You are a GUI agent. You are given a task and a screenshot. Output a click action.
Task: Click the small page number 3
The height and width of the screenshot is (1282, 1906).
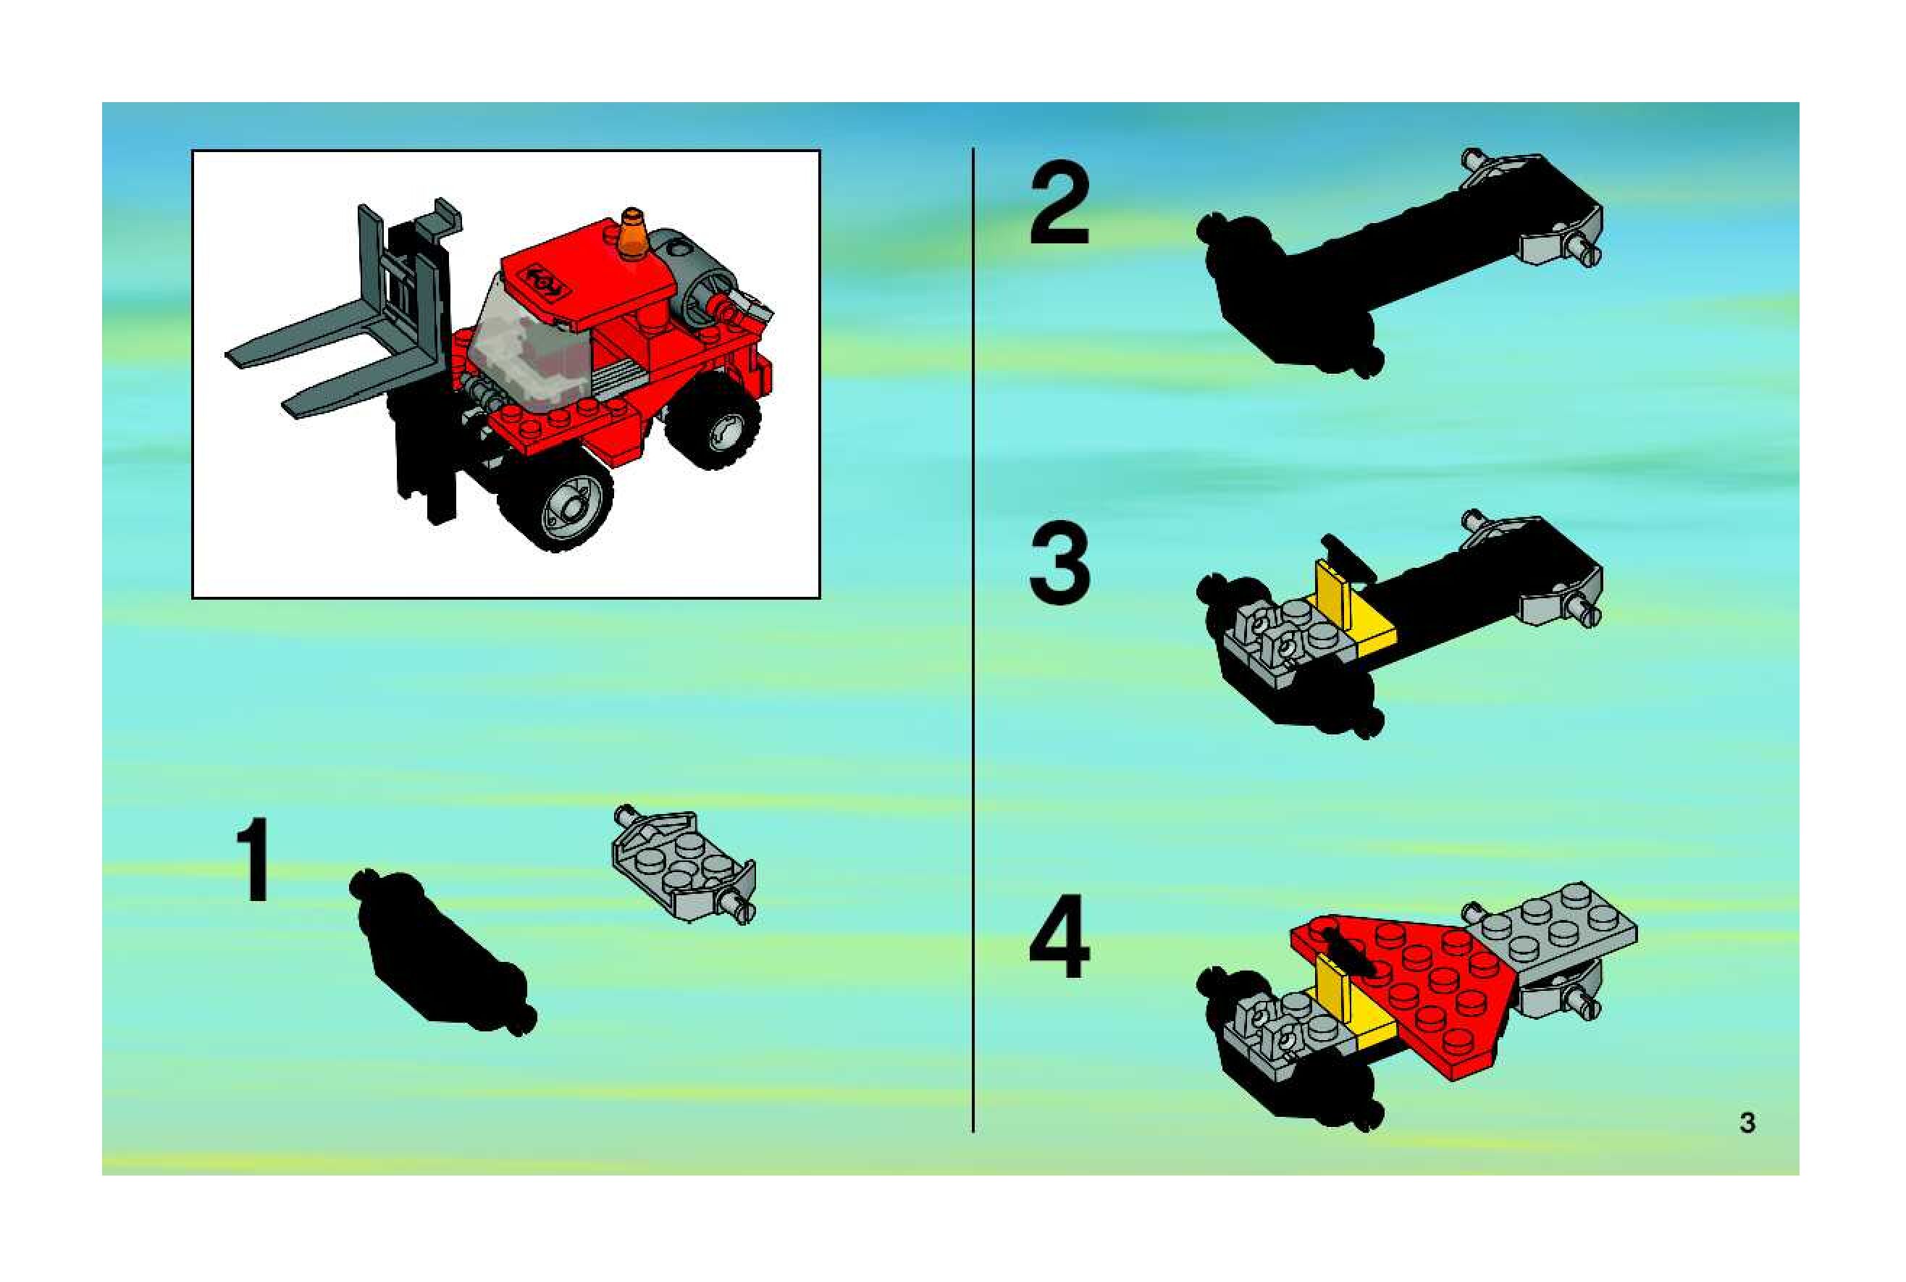(x=1747, y=1123)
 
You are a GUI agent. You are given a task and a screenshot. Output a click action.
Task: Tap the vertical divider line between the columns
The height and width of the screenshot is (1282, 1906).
(x=973, y=640)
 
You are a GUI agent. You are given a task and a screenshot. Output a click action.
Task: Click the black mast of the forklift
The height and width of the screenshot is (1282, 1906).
(x=421, y=368)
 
